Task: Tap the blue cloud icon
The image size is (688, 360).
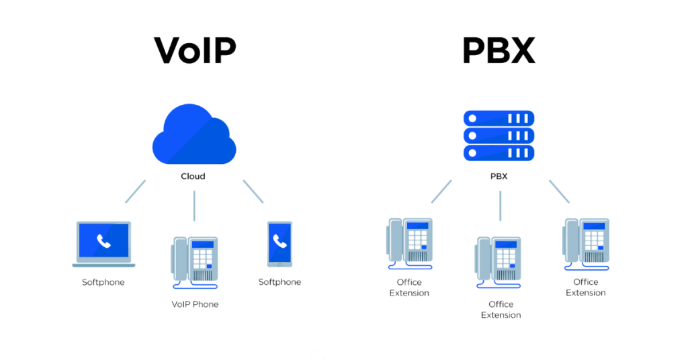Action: point(193,137)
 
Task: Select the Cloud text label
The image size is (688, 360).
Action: point(193,177)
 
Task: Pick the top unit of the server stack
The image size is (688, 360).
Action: point(499,118)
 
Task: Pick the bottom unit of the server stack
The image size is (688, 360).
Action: point(499,153)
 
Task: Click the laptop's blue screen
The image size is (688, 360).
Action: point(103,242)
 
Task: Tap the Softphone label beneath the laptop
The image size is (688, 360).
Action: point(103,282)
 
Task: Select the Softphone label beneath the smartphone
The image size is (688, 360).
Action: point(279,282)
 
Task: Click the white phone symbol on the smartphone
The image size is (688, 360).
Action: point(279,242)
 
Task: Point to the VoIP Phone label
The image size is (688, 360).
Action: point(195,304)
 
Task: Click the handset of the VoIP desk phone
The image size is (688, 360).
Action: point(179,259)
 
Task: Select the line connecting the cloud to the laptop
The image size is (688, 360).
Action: point(135,191)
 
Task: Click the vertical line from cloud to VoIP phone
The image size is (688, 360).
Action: point(194,206)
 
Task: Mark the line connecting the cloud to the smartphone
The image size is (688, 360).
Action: point(253,191)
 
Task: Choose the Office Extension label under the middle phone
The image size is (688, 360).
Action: point(501,310)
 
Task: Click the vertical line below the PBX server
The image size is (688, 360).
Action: point(500,206)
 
